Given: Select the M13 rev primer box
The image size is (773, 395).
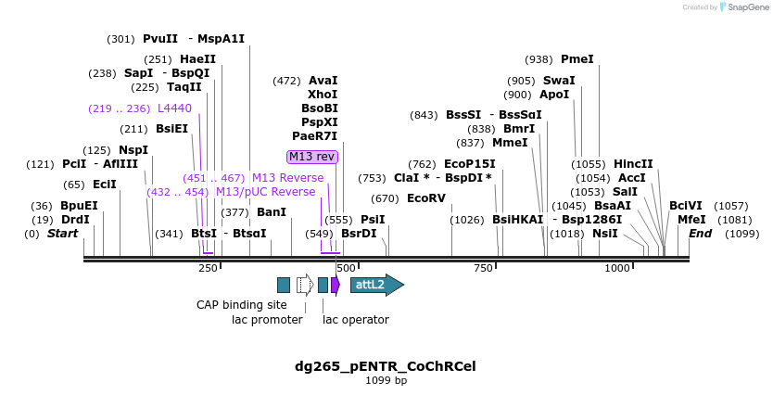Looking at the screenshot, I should (x=312, y=157).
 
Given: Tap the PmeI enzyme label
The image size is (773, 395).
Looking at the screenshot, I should (x=577, y=59).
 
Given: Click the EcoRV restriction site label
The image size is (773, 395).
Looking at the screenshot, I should (x=426, y=198).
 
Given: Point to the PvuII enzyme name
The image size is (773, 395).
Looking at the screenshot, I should (x=159, y=39).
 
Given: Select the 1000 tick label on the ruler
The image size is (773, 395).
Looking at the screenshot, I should (x=616, y=268).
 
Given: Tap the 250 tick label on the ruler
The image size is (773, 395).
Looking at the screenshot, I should (x=208, y=268).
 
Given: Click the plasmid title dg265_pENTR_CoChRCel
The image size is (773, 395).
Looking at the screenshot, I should (x=386, y=365).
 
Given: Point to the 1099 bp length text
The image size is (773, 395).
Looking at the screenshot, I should (x=386, y=380).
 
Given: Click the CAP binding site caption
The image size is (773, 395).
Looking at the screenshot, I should (x=241, y=305).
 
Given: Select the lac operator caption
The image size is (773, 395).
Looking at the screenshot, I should (x=355, y=320).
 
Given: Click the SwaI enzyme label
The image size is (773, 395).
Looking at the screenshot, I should (x=558, y=81).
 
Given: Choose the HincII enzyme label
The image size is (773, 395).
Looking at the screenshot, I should (x=633, y=164).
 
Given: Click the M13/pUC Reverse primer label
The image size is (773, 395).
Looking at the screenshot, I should (x=265, y=192).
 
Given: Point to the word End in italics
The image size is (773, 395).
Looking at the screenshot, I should (x=700, y=234).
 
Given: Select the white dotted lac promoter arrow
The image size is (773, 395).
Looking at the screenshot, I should (x=304, y=285).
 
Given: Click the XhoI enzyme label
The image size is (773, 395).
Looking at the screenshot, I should (x=323, y=95).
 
